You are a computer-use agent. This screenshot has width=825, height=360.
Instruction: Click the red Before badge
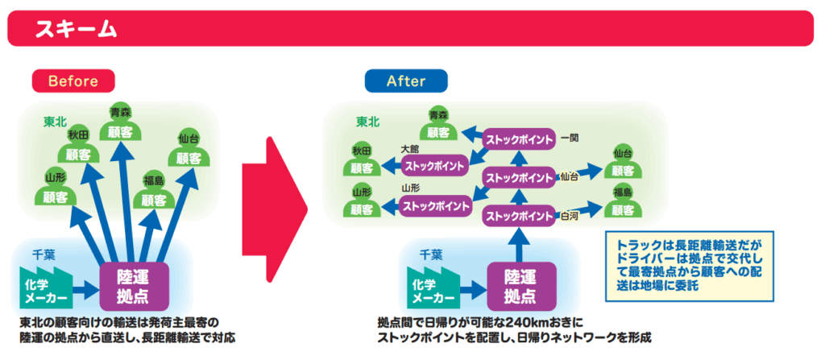point(73,81)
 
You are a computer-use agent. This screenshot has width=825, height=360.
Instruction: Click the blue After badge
point(405,81)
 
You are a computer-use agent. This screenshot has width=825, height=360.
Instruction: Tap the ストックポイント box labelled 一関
point(519,139)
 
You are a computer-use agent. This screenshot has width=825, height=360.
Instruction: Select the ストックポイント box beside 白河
point(519,217)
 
